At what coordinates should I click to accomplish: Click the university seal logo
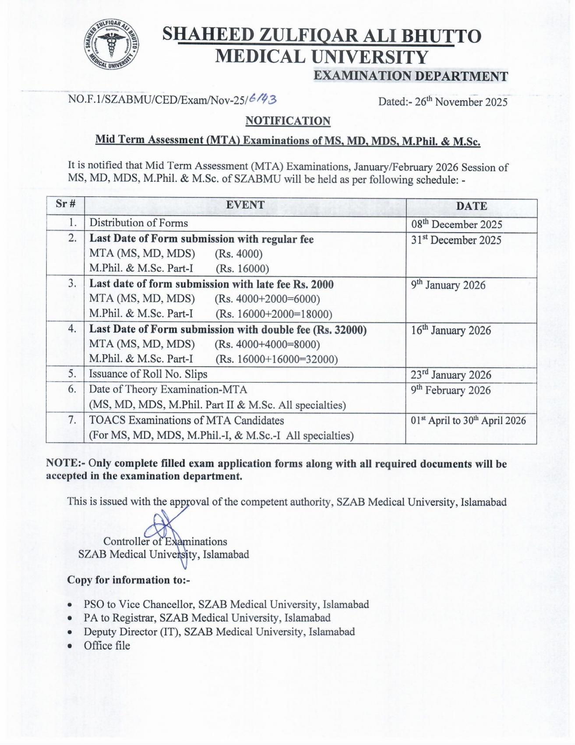112,45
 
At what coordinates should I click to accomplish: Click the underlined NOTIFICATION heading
288,121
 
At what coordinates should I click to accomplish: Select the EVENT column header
245,205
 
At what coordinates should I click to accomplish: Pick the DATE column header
471,206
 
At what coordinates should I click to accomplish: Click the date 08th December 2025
456,224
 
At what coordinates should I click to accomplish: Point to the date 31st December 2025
456,240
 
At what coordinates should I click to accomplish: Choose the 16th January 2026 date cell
451,330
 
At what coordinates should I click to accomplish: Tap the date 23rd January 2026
451,375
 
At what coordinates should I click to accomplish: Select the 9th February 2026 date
451,390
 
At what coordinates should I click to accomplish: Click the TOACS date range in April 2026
468,421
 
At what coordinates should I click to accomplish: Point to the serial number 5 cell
72,374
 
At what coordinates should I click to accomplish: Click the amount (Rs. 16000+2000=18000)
274,314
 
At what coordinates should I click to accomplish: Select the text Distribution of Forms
138,223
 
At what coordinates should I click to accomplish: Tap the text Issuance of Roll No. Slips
148,374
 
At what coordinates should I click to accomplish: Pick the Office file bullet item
107,646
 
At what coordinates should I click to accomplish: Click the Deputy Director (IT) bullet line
219,632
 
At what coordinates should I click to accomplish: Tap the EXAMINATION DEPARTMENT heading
410,76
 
